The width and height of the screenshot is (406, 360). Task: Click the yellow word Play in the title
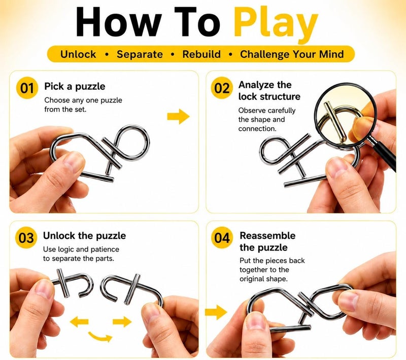276,23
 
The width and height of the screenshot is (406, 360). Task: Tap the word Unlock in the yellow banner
78,54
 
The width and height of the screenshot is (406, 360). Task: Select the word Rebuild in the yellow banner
201,54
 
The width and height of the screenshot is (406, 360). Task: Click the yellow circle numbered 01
27,88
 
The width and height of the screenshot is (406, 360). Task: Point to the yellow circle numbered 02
222,88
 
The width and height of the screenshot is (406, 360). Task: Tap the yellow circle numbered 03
26,238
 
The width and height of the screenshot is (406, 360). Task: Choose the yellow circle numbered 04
222,238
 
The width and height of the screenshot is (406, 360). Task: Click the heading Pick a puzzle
75,86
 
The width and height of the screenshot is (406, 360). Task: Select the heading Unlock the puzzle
84,236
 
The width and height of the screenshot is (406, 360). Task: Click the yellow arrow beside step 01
179,117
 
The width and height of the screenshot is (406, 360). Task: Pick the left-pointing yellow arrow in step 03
79,322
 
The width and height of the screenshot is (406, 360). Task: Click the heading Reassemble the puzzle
267,241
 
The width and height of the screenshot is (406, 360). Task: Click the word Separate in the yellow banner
140,54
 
